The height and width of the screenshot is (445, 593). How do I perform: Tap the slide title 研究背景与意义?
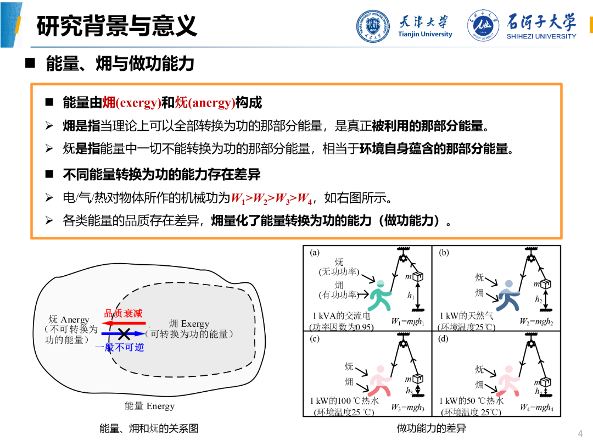coord(116,26)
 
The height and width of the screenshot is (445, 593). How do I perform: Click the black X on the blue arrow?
coord(124,333)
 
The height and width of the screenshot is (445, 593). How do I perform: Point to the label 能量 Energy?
coord(149,406)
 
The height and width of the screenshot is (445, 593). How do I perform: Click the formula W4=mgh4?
coord(536,408)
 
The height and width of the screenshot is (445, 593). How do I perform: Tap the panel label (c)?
coord(315,338)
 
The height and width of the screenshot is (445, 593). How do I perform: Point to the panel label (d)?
coord(444,338)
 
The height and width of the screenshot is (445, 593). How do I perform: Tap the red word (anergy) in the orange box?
coord(211,102)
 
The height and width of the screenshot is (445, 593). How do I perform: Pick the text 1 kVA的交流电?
coord(342,316)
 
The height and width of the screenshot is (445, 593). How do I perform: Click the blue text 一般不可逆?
coord(119,347)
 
